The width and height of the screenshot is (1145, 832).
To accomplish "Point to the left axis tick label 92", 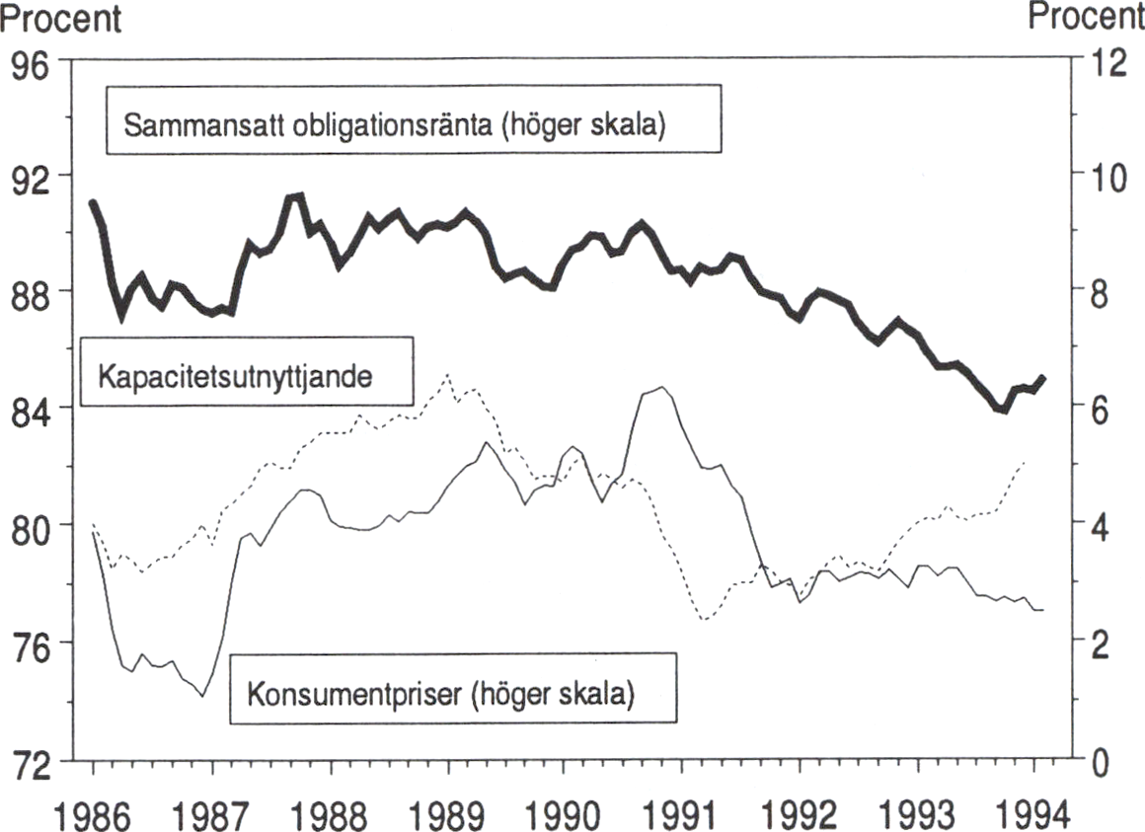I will point(33,176).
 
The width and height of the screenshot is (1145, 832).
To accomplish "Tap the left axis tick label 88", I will point(33,292).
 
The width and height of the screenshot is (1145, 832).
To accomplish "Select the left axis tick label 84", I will point(33,409).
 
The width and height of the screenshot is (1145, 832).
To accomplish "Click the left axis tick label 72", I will point(33,759).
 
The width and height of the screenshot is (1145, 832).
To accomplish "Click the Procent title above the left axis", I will point(61,18).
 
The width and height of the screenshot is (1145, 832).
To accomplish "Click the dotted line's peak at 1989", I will point(448,375).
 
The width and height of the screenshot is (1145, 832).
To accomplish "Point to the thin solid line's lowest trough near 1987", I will point(202,696).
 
